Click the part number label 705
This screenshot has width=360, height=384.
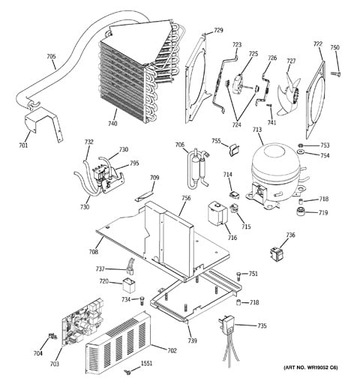point(51,57)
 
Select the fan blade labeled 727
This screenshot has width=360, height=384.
point(289,94)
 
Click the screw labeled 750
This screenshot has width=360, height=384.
point(335,73)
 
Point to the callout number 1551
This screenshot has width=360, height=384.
point(146,363)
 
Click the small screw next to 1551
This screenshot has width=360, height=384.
point(128,372)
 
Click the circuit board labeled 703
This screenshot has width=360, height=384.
point(82,320)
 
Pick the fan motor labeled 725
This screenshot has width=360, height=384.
point(241,84)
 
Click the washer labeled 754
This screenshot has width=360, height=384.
point(300,151)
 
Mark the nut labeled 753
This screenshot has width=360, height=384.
point(301,145)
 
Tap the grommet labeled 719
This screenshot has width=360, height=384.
point(299,211)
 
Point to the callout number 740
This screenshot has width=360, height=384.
point(112,124)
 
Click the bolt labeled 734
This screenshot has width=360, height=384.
point(142,300)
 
